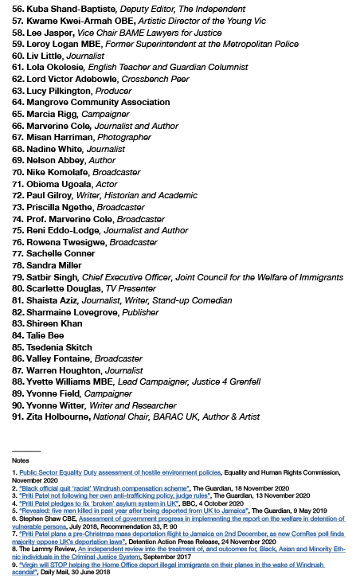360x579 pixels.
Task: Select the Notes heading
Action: [x=20, y=460]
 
